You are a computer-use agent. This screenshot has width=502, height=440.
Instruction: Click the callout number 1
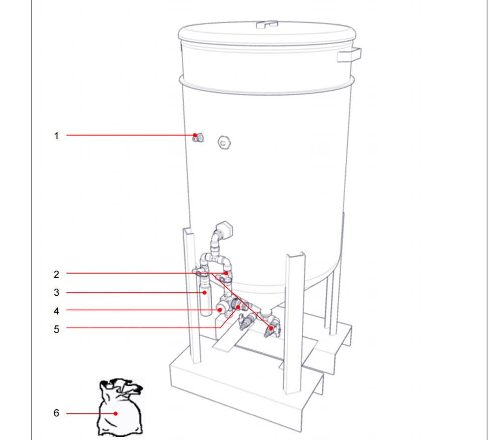point(56,136)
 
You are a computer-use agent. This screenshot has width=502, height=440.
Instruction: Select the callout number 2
point(56,274)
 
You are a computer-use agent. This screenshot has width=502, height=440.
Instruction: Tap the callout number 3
point(56,292)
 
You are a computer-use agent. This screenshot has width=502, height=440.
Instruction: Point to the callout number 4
point(56,311)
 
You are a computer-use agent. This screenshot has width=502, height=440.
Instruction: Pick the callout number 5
point(56,329)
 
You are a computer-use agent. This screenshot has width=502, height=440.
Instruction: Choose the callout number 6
point(56,413)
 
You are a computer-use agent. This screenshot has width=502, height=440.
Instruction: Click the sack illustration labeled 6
point(120,407)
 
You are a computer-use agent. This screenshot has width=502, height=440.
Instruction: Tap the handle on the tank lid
point(267,24)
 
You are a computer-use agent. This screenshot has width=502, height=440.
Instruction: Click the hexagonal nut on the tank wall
point(224,142)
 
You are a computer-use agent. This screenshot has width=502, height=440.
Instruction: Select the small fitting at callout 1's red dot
point(198,138)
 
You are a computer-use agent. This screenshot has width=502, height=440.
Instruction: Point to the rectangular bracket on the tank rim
point(349,54)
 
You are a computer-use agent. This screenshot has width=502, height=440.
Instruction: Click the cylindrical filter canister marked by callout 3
point(206,297)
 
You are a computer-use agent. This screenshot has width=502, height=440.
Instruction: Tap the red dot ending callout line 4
point(220,310)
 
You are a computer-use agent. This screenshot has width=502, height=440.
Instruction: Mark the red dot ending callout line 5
point(238,307)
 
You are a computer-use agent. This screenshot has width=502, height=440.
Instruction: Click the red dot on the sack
point(116,414)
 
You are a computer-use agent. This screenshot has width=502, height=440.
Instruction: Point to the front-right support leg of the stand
point(294,323)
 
